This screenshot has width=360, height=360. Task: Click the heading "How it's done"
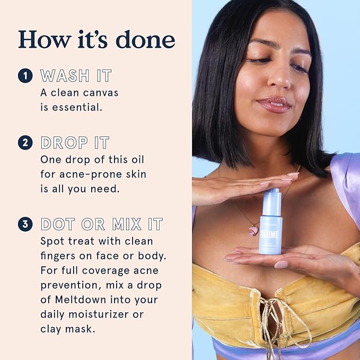[x=96, y=39]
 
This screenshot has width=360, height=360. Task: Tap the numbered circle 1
[x=25, y=76]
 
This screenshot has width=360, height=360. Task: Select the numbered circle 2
[x=25, y=143]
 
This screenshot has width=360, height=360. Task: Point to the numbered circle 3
[x=25, y=224]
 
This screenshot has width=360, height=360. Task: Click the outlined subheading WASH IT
[x=76, y=76]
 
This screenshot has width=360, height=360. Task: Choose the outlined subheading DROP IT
[x=75, y=143]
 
